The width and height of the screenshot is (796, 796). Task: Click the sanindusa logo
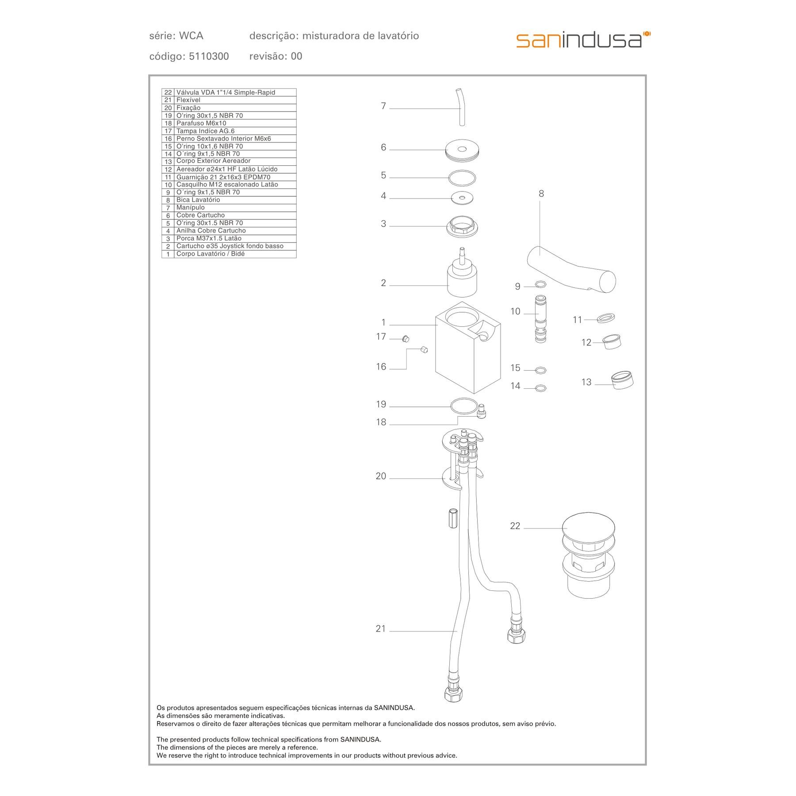click(583, 40)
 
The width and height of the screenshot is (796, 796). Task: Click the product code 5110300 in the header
click(209, 57)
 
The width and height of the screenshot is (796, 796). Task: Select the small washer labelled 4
click(462, 198)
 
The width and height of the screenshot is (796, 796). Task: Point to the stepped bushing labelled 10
click(541, 318)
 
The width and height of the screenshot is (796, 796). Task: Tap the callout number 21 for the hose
click(380, 629)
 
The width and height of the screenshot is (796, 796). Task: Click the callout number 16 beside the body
click(381, 367)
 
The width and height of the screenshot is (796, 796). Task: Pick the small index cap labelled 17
click(406, 339)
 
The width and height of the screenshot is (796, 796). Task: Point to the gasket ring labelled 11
click(605, 318)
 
